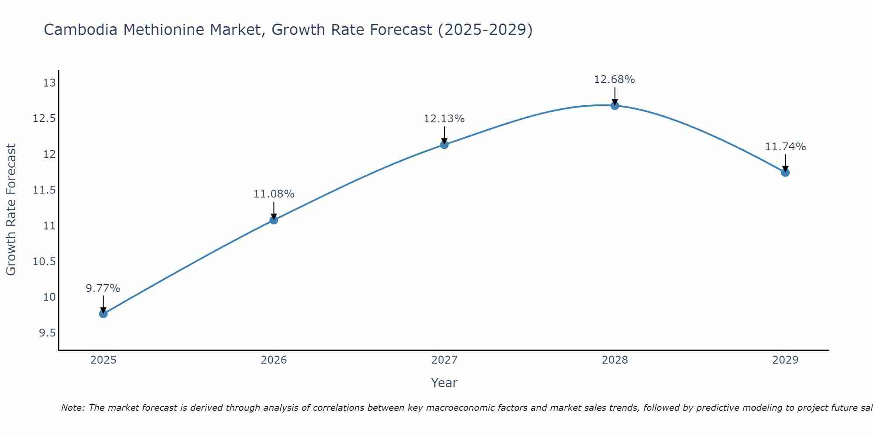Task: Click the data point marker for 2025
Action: point(103,314)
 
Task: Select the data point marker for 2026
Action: point(274,220)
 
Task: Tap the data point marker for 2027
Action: point(444,145)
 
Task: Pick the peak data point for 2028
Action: point(615,105)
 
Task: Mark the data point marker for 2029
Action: point(785,173)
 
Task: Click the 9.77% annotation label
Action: point(103,288)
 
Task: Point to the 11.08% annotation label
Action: point(274,194)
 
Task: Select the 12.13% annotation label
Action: point(444,119)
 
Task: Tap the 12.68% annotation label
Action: point(615,80)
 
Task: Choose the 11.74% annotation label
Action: point(785,147)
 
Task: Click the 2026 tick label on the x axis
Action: point(274,360)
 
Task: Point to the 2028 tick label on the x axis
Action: point(615,360)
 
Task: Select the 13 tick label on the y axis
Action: point(50,83)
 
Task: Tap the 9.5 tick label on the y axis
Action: point(47,333)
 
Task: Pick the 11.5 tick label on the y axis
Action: point(45,190)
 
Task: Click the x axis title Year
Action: point(444,383)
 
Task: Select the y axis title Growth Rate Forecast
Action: point(11,210)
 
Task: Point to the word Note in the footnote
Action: point(72,408)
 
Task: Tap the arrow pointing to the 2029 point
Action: point(785,163)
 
